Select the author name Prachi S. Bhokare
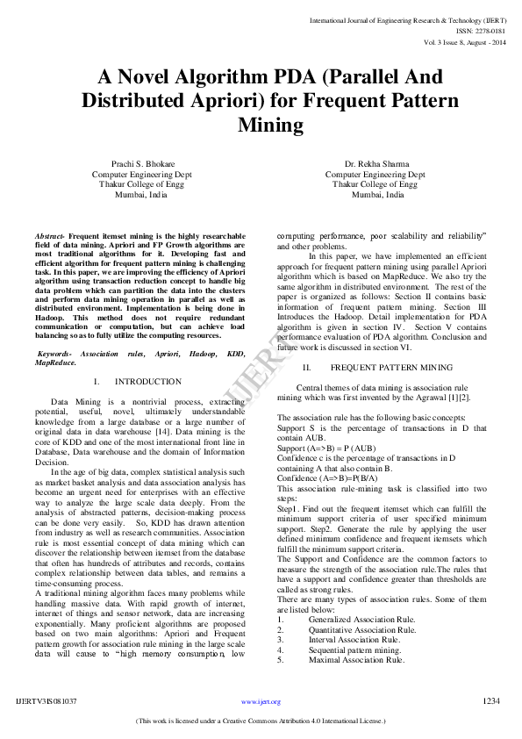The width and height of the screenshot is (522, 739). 141,164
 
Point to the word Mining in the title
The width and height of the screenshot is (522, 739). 270,126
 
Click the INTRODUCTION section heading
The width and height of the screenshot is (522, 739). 148,382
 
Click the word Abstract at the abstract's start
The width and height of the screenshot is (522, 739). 49,237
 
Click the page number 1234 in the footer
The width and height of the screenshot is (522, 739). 491,701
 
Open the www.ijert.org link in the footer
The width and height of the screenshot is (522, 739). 261,702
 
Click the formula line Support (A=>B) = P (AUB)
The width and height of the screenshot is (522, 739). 326,448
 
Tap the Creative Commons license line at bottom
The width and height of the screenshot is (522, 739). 261,721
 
